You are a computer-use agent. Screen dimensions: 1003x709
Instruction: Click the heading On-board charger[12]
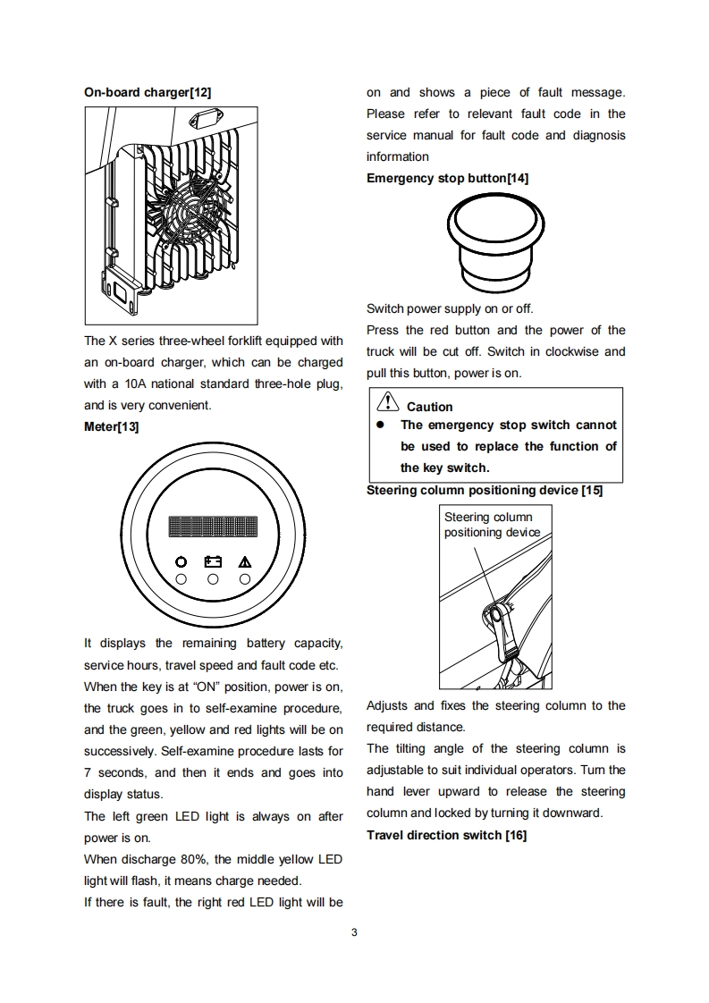[147, 92]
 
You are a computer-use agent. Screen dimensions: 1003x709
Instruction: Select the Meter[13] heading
[111, 427]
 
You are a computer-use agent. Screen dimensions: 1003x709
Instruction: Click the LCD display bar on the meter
[213, 526]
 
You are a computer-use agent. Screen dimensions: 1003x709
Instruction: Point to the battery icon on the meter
[213, 562]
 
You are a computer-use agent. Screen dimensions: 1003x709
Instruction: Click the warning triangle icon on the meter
[245, 562]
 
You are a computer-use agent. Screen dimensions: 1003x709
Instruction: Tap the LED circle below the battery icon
[213, 579]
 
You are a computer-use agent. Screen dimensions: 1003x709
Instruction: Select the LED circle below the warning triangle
[245, 579]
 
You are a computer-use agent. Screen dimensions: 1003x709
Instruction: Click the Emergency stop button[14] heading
[447, 178]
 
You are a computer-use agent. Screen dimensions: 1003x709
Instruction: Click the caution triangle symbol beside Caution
[386, 404]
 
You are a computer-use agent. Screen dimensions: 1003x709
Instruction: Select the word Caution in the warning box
[429, 407]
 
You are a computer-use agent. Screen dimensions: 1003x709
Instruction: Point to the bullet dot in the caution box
[379, 426]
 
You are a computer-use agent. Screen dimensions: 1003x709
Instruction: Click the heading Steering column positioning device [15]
[484, 490]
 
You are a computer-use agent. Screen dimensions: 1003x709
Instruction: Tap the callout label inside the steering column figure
[492, 525]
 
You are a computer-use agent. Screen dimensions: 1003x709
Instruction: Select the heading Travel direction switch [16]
[446, 835]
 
